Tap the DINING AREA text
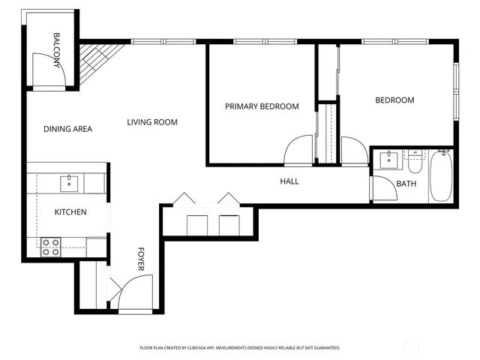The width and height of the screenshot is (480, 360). point(67,129)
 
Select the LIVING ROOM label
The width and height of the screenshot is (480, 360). point(152,122)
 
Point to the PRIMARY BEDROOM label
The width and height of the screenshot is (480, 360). point(262,106)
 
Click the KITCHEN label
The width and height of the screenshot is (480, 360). point(70,212)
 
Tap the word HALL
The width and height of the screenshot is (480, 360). point(289,181)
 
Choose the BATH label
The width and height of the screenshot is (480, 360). point(406,184)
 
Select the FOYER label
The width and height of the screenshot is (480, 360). point(140,258)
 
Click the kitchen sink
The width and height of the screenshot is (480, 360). point(69,181)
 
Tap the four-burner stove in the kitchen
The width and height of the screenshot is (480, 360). point(50,247)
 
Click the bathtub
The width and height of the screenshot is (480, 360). point(441,175)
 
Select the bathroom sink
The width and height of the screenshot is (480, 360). point(388,159)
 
